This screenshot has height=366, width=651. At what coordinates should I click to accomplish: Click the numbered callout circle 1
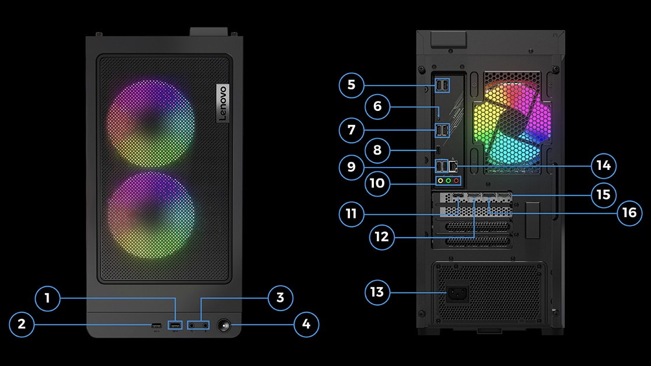coord(48,299)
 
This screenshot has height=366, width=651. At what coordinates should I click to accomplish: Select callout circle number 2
coord(22,324)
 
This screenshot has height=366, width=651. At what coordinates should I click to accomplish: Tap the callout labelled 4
coord(306,324)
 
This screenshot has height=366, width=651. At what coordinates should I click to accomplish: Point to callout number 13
coord(377,291)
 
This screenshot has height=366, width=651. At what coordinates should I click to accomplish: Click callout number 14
coord(603,166)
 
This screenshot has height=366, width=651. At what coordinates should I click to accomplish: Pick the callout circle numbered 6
coord(377,106)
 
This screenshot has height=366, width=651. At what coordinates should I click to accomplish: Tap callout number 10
coord(377,183)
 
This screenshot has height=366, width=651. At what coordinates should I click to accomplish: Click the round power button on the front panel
coord(224,325)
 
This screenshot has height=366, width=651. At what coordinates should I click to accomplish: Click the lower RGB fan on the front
coord(150,214)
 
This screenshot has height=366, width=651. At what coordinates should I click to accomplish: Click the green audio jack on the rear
coord(448,181)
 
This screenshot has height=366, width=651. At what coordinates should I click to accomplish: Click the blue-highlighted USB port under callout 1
coord(174,325)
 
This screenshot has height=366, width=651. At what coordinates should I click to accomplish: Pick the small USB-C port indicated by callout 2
coord(155,325)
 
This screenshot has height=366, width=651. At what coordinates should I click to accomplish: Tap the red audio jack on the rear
coord(456,181)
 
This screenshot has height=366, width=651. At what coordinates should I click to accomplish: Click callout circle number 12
coord(382,236)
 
